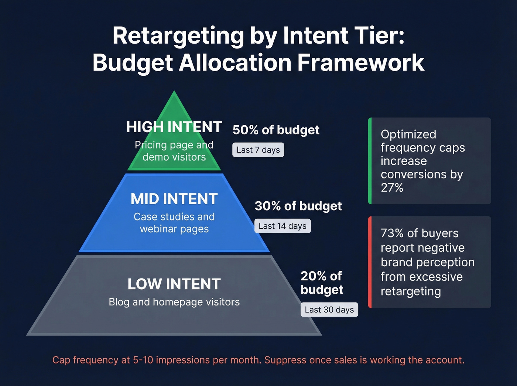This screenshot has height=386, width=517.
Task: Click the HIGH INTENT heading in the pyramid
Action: (174, 127)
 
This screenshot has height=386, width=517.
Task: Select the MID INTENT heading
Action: (174, 199)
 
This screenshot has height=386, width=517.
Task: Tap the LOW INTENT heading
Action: (174, 284)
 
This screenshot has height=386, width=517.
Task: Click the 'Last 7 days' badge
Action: (258, 150)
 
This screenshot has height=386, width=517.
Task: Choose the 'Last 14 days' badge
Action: (283, 226)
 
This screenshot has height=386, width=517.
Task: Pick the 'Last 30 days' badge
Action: (329, 310)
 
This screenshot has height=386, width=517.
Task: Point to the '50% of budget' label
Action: (276, 130)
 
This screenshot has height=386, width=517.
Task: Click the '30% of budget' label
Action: (298, 206)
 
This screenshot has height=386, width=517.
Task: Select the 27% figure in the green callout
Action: (392, 188)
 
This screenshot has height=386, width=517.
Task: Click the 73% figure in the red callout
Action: (392, 233)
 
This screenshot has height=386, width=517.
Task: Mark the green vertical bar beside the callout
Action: (370, 161)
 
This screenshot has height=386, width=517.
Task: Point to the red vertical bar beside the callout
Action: (370, 262)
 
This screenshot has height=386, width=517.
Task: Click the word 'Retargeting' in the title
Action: (178, 36)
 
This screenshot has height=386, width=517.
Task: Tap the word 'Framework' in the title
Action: (361, 63)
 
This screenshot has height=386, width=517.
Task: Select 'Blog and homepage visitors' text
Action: (174, 302)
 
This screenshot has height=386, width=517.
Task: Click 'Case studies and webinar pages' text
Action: (174, 223)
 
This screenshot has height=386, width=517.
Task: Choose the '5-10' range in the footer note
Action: (143, 360)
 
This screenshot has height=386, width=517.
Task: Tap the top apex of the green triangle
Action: (174, 93)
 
